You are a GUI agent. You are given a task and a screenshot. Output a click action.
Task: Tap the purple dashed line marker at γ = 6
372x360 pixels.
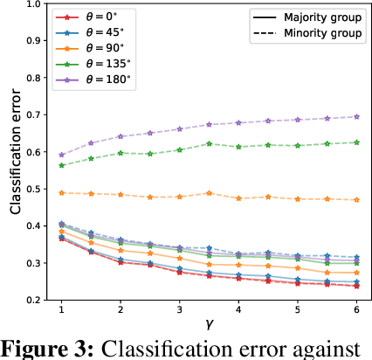pyautogui.click(x=355, y=116)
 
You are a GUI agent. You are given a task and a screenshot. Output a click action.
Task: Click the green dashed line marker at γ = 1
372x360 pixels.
pyautogui.click(x=61, y=165)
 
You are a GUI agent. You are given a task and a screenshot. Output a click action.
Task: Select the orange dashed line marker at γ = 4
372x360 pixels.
pyautogui.click(x=238, y=198)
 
